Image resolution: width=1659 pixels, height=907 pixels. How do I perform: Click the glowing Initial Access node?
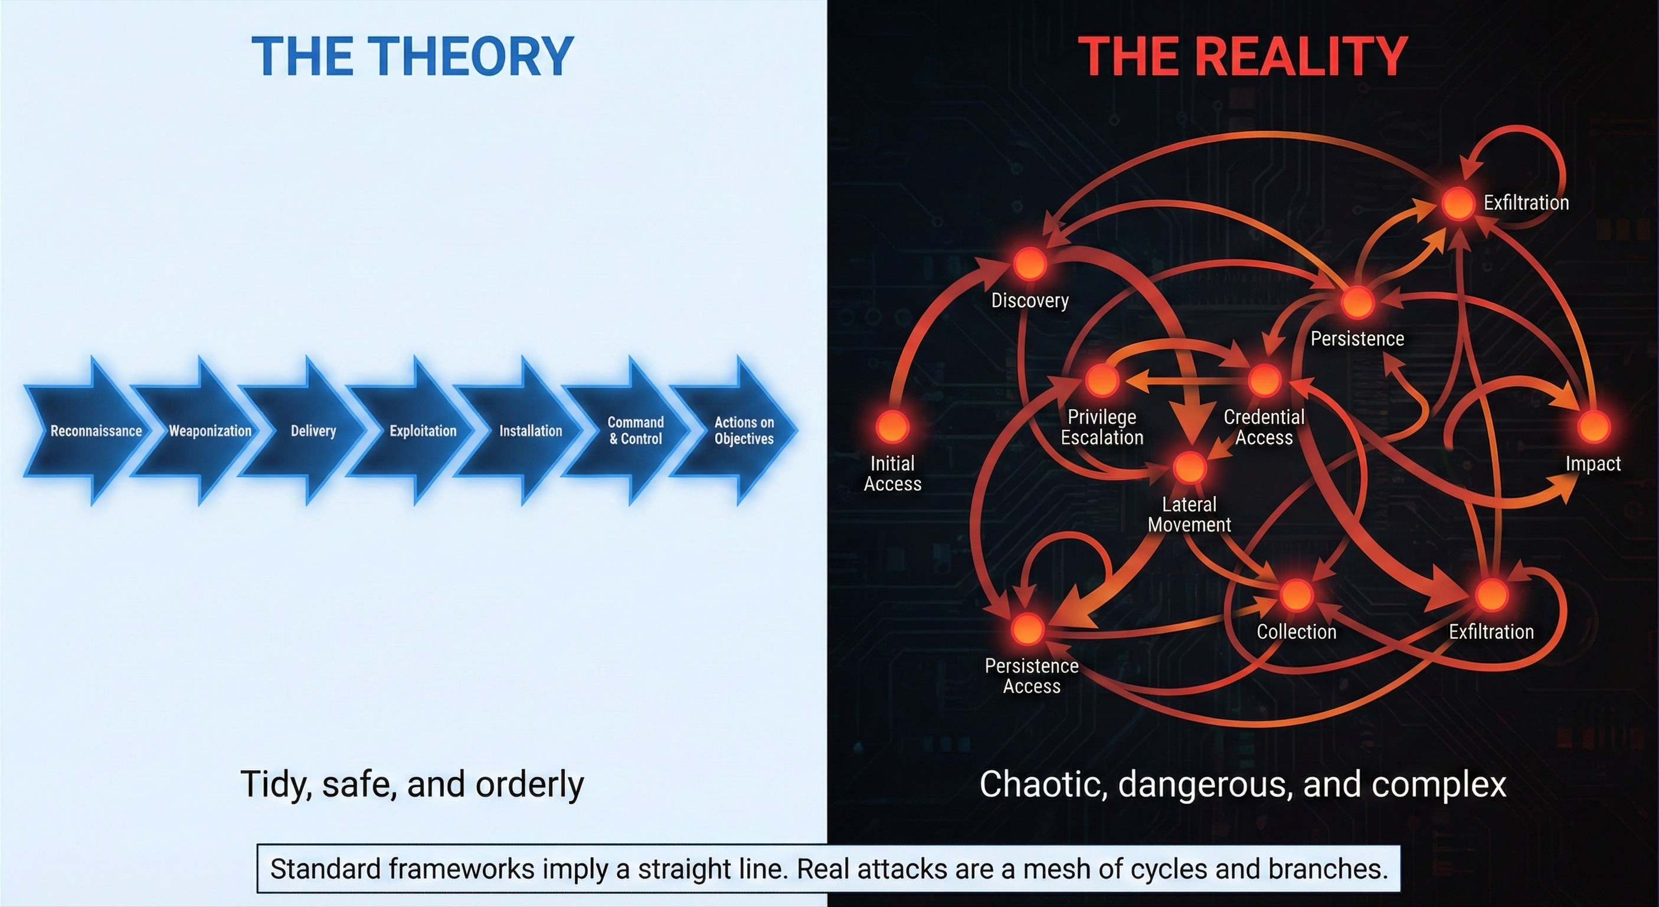pyautogui.click(x=892, y=426)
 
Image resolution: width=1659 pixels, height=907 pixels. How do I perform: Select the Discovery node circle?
pyautogui.click(x=1030, y=263)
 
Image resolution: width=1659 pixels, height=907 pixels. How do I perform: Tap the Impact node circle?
pyautogui.click(x=1594, y=426)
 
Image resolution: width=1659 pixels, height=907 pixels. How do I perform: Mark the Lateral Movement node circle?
pyautogui.click(x=1189, y=467)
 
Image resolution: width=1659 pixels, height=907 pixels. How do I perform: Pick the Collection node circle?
pyautogui.click(x=1296, y=595)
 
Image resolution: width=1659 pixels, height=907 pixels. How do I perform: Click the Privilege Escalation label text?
pyautogui.click(x=1102, y=427)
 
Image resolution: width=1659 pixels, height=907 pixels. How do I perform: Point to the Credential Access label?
pyautogui.click(x=1264, y=427)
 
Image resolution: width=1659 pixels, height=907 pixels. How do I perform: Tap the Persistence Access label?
pyautogui.click(x=1031, y=676)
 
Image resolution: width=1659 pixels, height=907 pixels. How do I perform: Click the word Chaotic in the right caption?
pyautogui.click(x=1042, y=785)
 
